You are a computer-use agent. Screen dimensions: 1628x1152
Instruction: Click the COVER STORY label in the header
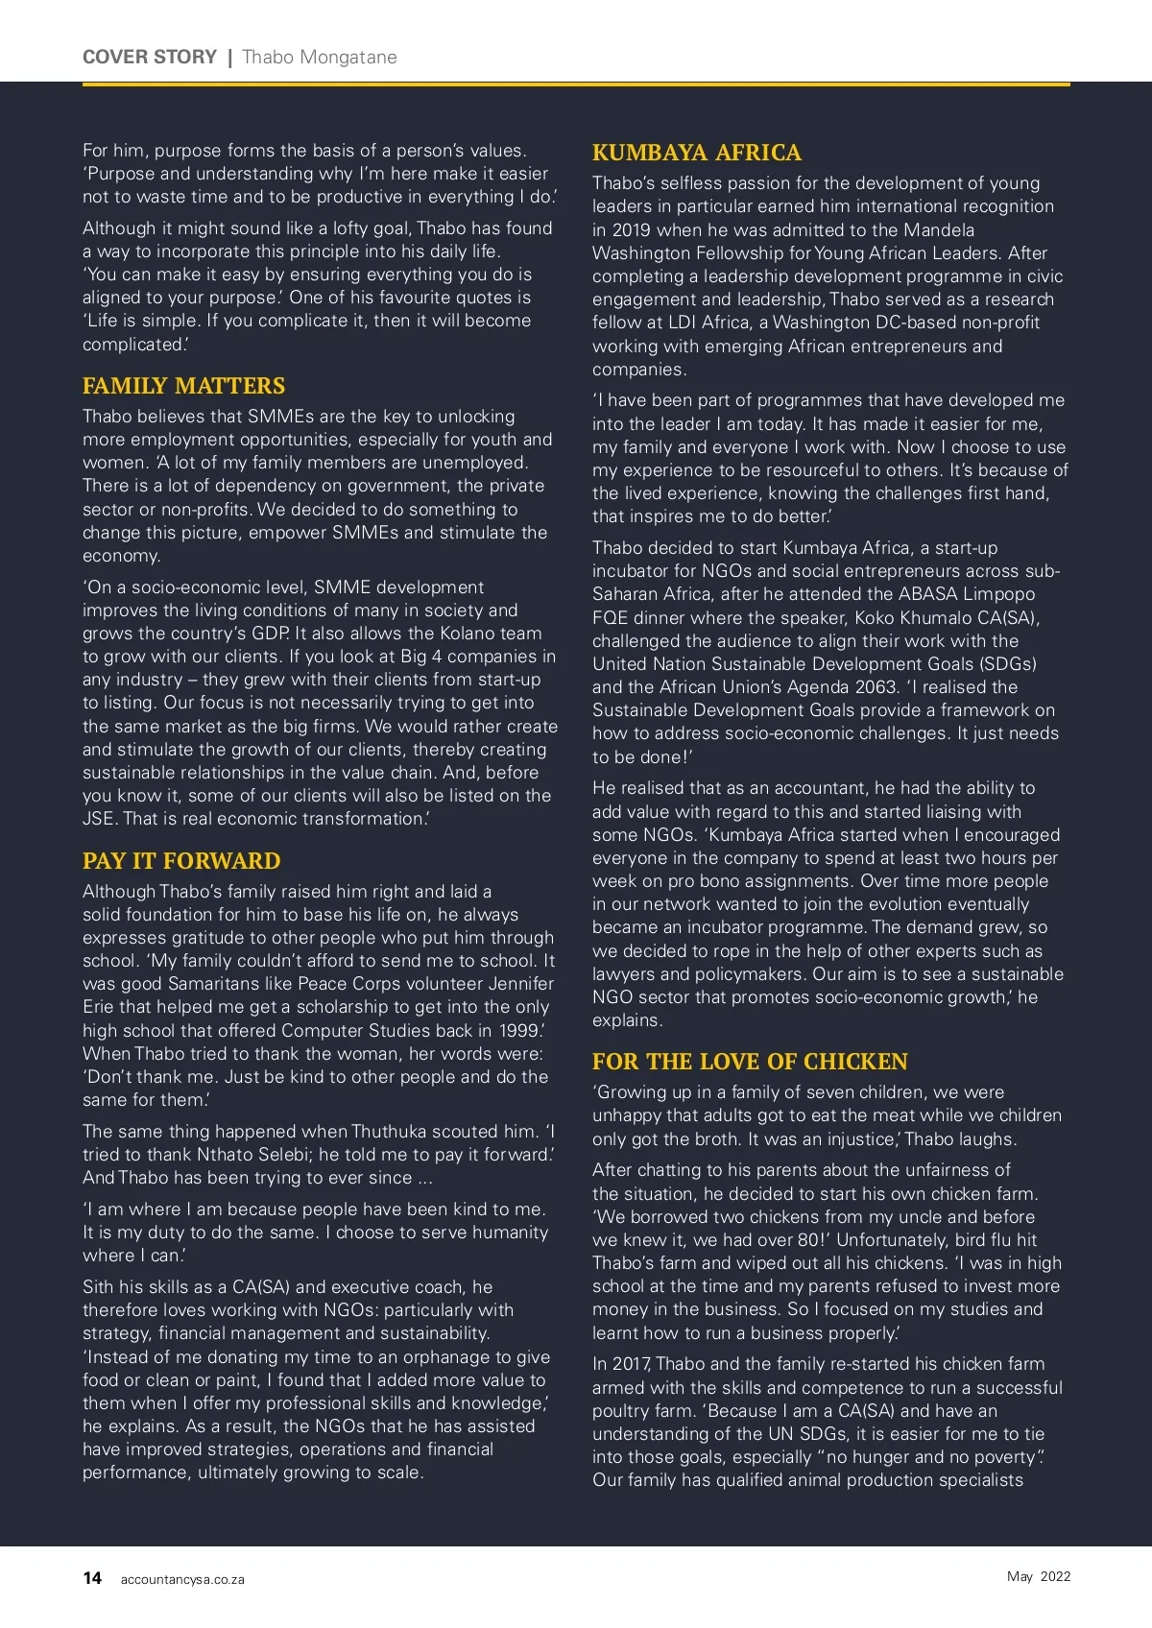pos(150,57)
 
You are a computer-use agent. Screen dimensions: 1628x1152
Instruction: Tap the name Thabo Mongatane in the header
pos(320,57)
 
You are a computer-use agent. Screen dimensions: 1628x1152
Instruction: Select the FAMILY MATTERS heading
pos(183,386)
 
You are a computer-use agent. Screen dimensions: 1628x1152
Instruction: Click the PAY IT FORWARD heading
pos(181,861)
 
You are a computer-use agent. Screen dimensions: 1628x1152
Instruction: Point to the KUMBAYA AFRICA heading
pos(696,153)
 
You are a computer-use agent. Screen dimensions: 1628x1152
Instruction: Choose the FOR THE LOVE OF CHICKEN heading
pos(750,1062)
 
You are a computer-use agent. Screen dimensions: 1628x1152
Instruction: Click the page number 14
pos(92,1578)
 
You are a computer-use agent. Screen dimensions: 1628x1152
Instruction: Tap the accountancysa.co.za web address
pos(182,1580)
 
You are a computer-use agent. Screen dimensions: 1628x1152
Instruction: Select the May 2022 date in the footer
pos(1039,1576)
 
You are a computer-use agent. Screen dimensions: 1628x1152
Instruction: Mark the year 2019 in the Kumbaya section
pos(631,230)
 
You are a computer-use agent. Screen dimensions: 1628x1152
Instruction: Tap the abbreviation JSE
pos(100,819)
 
